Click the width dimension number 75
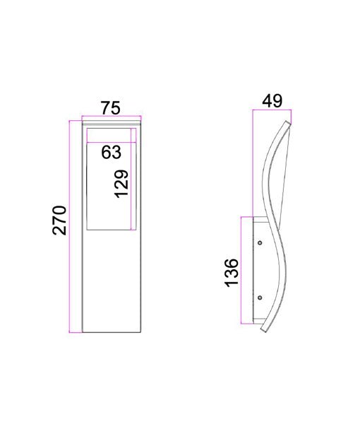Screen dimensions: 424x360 (109, 107)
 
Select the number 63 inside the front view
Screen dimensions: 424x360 (111, 151)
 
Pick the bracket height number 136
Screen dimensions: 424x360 (231, 272)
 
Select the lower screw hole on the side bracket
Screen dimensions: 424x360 (260, 297)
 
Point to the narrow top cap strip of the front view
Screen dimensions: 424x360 (110, 124)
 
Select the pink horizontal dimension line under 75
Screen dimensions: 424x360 (110, 117)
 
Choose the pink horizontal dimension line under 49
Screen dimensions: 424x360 (271, 111)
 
